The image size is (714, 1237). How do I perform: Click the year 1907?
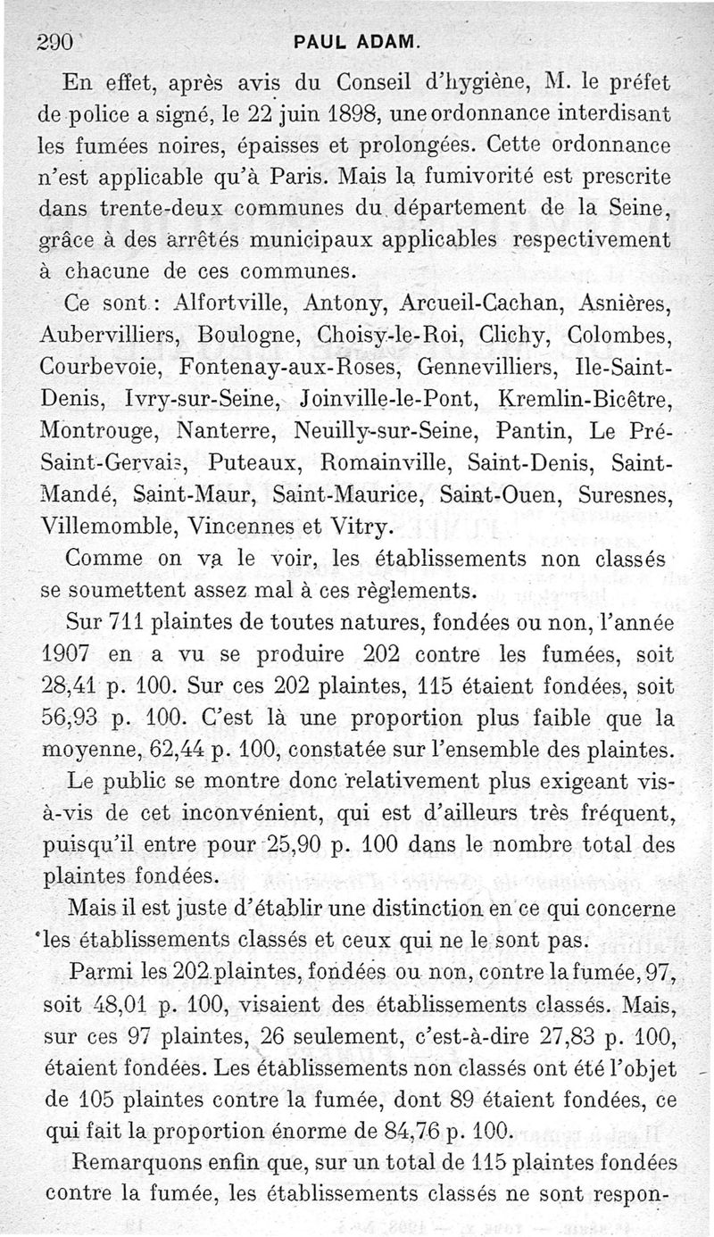coord(65,654)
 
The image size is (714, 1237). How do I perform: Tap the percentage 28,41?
coord(70,685)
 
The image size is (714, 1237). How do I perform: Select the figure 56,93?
coord(71,718)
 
